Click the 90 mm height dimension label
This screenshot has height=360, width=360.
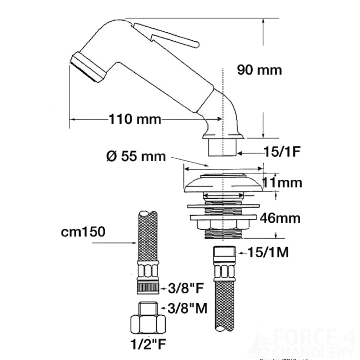[x=259, y=69]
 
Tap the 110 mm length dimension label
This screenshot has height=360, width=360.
[x=135, y=119]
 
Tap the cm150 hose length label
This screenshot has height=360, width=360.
[x=83, y=232]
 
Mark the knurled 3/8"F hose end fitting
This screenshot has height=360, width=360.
[x=148, y=287]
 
